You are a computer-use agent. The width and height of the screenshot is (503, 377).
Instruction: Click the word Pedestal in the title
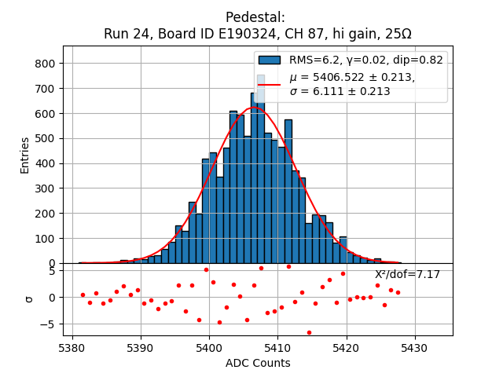pos(255,17)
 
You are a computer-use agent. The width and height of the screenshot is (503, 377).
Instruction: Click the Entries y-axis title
pos(24,155)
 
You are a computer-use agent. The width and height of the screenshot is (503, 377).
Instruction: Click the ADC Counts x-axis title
pos(258,363)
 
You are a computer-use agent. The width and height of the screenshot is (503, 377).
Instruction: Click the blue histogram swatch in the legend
pos(270,60)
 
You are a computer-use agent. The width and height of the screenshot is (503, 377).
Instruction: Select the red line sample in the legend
pos(270,84)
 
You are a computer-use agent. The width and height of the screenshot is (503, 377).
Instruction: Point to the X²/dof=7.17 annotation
pos(407,274)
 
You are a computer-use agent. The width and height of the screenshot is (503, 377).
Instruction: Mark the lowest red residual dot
pos(309,332)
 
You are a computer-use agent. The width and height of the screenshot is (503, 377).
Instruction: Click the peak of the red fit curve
pos(254,108)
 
